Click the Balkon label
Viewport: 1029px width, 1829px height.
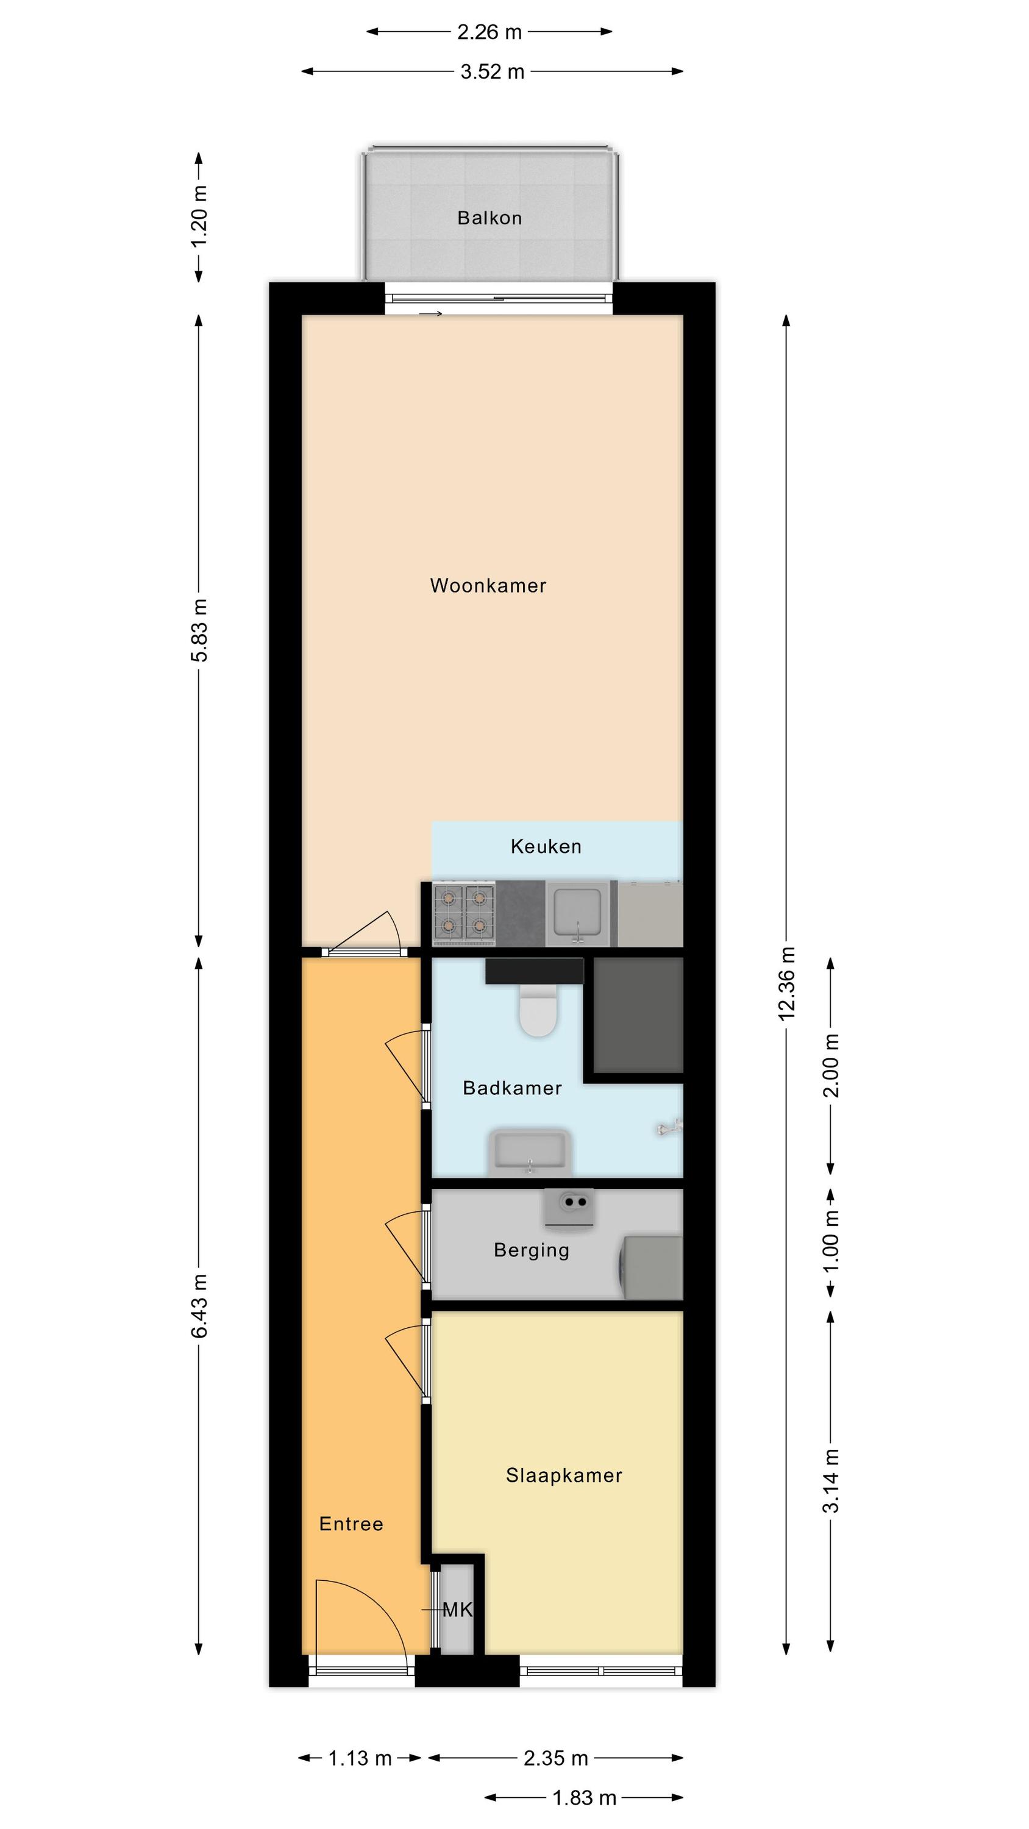point(490,218)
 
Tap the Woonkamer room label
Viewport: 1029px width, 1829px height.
point(488,586)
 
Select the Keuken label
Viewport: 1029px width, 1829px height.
point(546,846)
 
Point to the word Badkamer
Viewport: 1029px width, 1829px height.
point(512,1088)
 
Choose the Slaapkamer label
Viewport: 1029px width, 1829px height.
point(564,1475)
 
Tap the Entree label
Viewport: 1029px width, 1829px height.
point(351,1524)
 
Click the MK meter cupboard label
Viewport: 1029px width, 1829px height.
point(457,1610)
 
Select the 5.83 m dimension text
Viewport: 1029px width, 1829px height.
point(199,630)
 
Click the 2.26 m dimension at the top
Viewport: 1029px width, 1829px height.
point(490,32)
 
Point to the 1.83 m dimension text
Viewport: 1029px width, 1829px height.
point(585,1798)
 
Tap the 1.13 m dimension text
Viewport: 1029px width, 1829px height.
point(360,1758)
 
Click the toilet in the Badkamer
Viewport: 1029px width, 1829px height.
point(538,1009)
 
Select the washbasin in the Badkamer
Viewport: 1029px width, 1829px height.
point(530,1151)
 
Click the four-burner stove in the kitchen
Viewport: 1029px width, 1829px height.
point(464,913)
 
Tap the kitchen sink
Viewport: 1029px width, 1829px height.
point(578,913)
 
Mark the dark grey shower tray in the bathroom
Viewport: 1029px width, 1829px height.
point(638,1014)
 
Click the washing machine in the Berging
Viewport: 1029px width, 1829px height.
point(651,1267)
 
